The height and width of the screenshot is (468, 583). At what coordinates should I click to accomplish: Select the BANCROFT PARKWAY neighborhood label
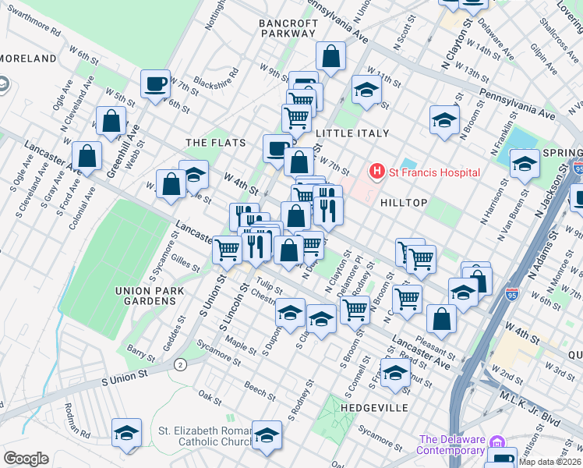point(289,29)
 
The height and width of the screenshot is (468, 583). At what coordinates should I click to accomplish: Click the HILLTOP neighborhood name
point(404,202)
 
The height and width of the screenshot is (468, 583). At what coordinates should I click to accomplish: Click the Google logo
point(26,459)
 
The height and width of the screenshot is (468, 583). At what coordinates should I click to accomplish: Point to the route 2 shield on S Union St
point(180,364)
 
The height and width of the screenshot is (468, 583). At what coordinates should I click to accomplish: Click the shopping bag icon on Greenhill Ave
point(111,121)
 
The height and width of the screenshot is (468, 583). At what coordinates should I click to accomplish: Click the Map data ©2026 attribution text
point(550,462)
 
